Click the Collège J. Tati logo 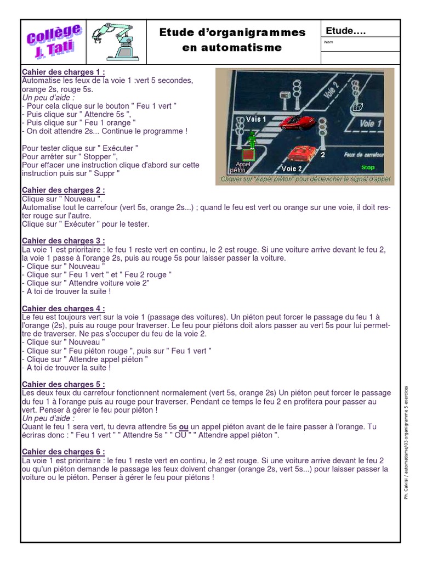(x=54, y=42)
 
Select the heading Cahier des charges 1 (x=63, y=72)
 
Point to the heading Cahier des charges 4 (x=63, y=309)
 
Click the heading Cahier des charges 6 (x=63, y=452)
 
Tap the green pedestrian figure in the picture (x=252, y=140)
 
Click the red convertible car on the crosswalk (x=297, y=122)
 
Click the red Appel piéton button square (x=247, y=155)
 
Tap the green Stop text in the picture (x=368, y=167)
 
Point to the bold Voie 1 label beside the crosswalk (x=255, y=119)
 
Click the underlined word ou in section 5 (x=184, y=427)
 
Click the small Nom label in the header (x=329, y=42)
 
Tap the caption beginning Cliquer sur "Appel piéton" (x=305, y=179)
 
